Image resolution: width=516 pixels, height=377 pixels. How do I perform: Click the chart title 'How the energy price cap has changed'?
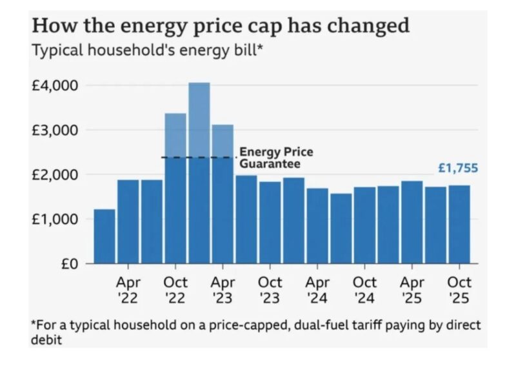[x=221, y=26]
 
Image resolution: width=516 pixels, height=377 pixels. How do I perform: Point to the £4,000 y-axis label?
[x=55, y=86]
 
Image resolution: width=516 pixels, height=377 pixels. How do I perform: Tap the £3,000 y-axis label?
[x=55, y=130]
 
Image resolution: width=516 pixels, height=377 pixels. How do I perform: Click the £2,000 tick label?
[x=55, y=175]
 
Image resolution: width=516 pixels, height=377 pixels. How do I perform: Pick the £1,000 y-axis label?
[x=55, y=219]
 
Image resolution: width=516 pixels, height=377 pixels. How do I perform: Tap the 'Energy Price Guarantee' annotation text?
[x=276, y=158]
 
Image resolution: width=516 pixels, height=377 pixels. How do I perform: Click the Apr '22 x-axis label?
[x=128, y=290]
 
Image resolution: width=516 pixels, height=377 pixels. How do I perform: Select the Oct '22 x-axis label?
[x=175, y=290]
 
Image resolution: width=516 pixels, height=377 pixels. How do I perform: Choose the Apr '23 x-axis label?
[x=223, y=290]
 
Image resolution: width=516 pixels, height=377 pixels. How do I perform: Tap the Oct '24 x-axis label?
[x=365, y=290]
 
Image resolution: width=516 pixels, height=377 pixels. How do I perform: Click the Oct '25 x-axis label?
[x=459, y=290]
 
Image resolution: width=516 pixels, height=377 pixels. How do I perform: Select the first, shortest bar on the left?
[x=104, y=236]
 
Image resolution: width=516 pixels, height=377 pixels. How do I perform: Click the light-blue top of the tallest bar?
[x=199, y=119]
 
